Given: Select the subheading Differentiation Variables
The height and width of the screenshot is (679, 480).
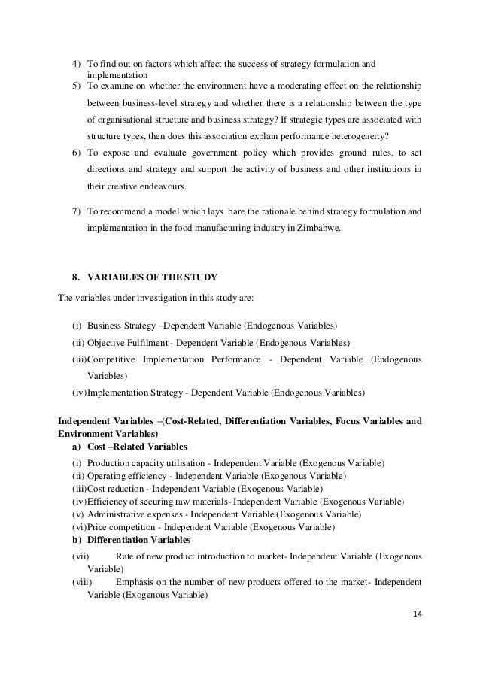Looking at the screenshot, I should tap(139, 540).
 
